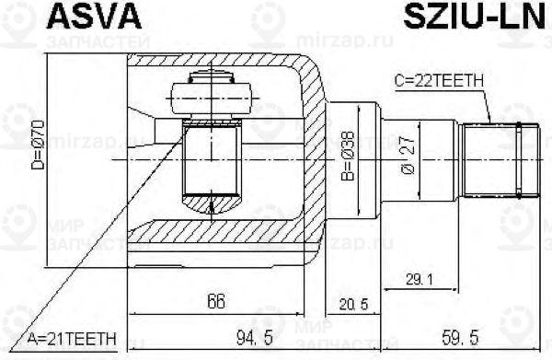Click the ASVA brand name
tap(58, 16)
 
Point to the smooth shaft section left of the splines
tap(437, 158)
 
